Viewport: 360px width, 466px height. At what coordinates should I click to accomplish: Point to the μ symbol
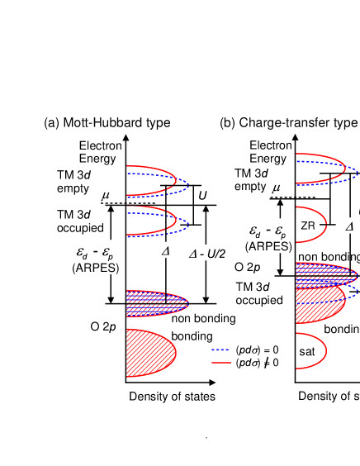point(106,195)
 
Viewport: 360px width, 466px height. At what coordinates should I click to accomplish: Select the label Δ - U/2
point(208,254)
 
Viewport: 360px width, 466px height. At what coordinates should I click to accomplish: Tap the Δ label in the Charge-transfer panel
point(349,225)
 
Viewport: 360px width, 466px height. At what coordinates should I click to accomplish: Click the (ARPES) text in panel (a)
point(96,267)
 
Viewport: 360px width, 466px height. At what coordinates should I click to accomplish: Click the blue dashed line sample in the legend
point(220,349)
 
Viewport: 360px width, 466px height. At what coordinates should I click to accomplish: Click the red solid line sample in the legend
point(220,362)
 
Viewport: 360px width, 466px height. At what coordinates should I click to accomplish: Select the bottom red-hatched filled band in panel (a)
point(150,354)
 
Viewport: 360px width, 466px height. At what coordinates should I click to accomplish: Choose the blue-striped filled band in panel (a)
point(155,303)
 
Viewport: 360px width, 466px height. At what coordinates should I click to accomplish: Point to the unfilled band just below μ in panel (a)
point(157,221)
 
